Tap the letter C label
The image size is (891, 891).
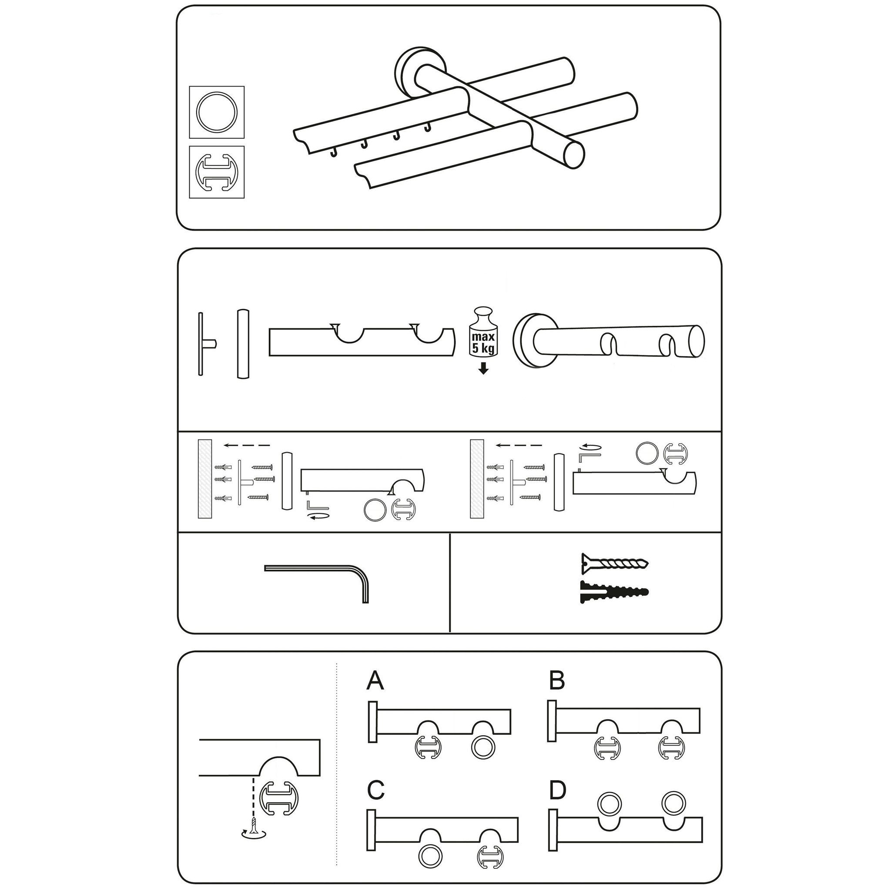[x=376, y=791]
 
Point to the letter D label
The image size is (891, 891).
[x=558, y=791]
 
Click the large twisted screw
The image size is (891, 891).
[x=615, y=562]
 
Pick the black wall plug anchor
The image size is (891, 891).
[x=614, y=592]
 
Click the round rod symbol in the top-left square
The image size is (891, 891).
[x=217, y=112]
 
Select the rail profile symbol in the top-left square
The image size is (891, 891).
[x=217, y=172]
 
